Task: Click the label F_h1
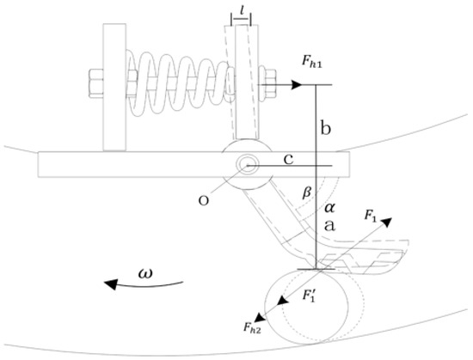click(311, 62)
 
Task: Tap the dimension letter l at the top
click(242, 11)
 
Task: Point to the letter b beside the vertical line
click(325, 128)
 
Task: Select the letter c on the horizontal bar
click(289, 160)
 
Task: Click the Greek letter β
click(307, 192)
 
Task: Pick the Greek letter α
click(329, 208)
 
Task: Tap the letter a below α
click(329, 226)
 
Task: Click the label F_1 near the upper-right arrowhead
click(371, 216)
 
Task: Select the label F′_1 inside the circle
click(309, 296)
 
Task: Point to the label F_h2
click(253, 327)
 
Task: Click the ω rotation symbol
click(145, 273)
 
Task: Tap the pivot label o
click(204, 201)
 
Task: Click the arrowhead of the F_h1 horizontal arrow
click(297, 85)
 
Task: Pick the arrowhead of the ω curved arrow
click(110, 284)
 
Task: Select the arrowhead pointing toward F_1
click(386, 223)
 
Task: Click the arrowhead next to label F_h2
click(259, 317)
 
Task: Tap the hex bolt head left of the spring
click(96, 83)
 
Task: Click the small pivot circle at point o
click(248, 165)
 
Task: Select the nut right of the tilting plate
click(267, 84)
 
